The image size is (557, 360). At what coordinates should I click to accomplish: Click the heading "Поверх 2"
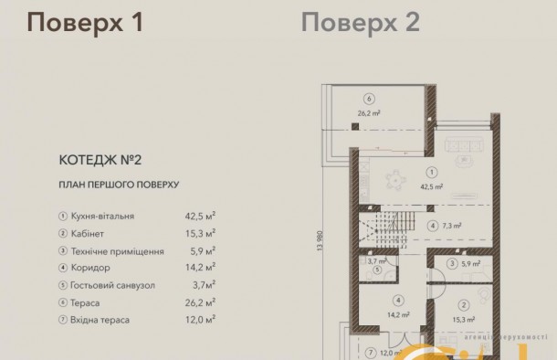pos(361,23)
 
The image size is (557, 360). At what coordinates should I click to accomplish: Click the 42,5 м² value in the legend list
pos(200,217)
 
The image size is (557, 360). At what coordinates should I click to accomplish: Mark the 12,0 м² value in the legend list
pos(200,321)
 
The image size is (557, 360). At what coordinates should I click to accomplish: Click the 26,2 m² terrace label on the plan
pos(368,114)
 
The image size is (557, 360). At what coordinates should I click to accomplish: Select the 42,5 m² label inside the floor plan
pos(431,185)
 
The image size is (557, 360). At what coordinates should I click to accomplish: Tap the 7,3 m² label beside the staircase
pos(450,225)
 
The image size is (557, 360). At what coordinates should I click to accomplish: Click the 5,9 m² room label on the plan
pos(470,264)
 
